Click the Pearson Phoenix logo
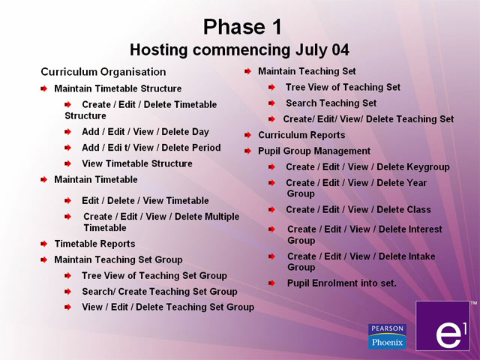(387, 337)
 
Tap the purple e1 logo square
(442, 325)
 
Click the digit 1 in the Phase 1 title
(276, 27)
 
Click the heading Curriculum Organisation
(103, 72)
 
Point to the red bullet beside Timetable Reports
(44, 244)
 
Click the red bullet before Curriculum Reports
(248, 135)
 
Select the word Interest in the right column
(410, 229)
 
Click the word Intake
(406, 256)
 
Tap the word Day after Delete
(200, 132)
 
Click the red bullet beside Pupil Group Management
(248, 151)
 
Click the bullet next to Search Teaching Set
(271, 103)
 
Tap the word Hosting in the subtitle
(159, 50)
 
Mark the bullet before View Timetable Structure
(68, 163)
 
